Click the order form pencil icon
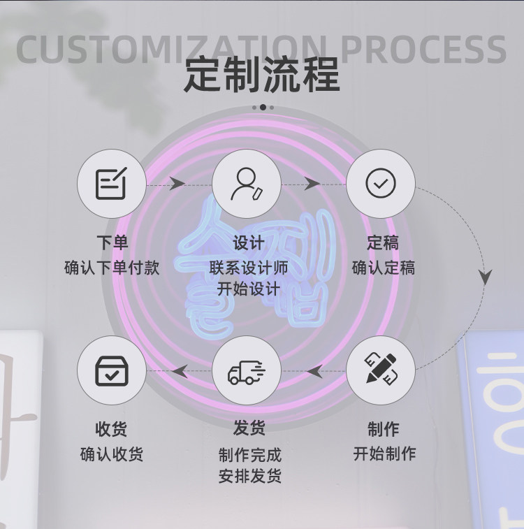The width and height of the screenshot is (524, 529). point(111,183)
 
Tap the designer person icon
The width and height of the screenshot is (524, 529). point(247,184)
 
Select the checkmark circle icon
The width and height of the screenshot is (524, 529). point(381,183)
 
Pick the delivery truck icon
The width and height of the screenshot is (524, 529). point(247,372)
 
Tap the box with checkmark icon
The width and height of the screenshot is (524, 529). point(112,371)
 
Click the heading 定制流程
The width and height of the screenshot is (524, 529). point(262,75)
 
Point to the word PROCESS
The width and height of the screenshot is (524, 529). point(423,49)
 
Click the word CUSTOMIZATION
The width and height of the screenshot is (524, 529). point(171,49)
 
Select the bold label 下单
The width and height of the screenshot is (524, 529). point(112,242)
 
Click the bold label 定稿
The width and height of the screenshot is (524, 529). point(383,242)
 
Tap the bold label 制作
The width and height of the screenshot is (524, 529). point(384,429)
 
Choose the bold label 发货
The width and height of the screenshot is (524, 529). point(249,428)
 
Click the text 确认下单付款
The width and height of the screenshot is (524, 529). point(112,268)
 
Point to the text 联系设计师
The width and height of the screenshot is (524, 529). point(249,268)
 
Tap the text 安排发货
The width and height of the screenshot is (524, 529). point(250,477)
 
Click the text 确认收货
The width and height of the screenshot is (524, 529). point(112,454)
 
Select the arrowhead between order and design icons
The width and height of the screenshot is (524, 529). point(177,184)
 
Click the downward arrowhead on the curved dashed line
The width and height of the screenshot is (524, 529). point(485,277)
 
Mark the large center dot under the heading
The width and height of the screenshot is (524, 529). point(263,108)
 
